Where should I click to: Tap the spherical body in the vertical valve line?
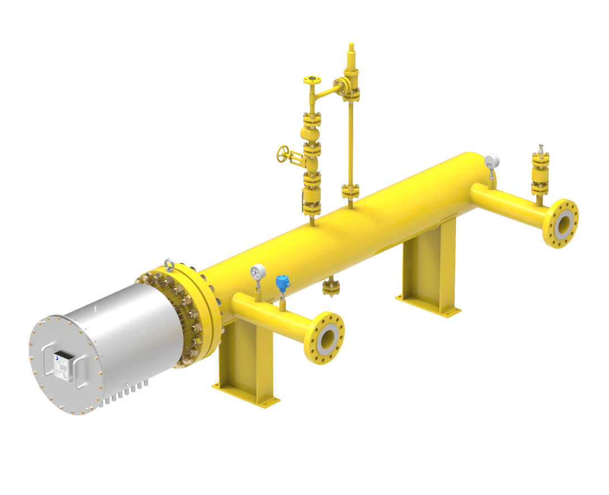tap(308, 133)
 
